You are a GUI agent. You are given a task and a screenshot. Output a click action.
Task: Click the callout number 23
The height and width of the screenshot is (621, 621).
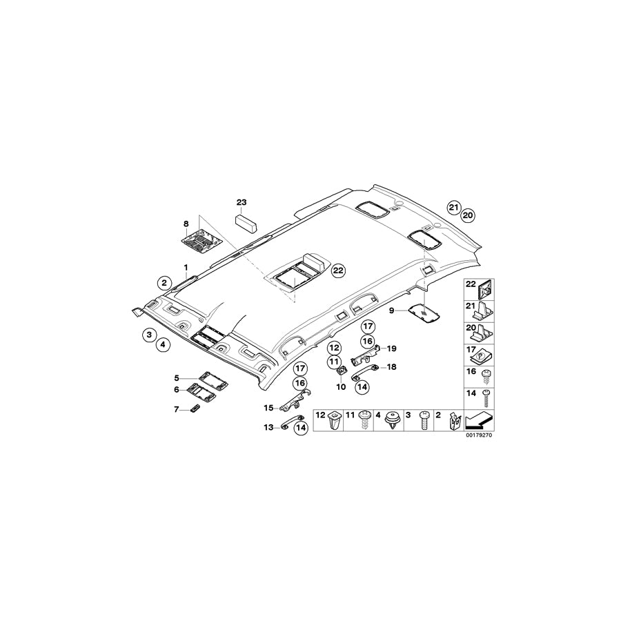tap(241, 201)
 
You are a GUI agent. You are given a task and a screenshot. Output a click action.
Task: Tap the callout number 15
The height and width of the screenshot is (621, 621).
tap(269, 408)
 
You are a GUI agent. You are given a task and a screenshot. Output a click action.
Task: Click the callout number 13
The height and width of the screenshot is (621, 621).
tap(268, 428)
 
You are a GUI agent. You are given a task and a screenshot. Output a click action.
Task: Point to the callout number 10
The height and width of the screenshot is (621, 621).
tap(339, 387)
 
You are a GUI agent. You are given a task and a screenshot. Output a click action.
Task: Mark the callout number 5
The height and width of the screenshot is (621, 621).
tap(177, 378)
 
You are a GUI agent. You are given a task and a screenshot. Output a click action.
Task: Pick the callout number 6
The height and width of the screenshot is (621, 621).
tap(177, 390)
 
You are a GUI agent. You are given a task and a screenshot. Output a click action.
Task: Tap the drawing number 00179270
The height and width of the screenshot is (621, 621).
tap(477, 435)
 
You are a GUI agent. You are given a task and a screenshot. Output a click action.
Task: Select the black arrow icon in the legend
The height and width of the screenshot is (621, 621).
tap(477, 420)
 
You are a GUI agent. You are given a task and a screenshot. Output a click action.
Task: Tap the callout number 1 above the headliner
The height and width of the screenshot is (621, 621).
tap(185, 266)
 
